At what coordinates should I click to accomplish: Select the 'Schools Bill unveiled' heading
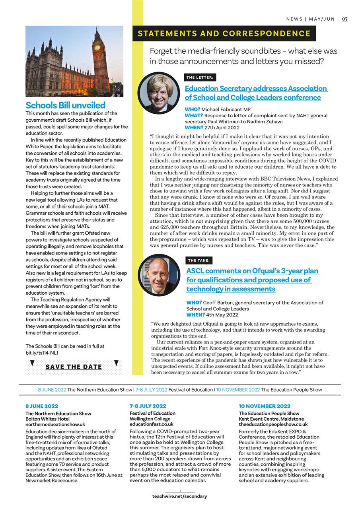point(65,105)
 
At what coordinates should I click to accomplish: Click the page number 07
point(345,19)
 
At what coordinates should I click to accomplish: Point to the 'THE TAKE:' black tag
point(199,260)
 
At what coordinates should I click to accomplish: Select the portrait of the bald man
point(159,275)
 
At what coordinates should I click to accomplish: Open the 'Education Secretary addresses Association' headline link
point(256,89)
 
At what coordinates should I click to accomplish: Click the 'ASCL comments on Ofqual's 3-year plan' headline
point(253,271)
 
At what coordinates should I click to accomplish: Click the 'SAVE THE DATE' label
point(74,367)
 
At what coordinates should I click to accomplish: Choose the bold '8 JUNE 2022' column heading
point(42,406)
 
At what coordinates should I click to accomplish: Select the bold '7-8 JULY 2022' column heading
point(148,406)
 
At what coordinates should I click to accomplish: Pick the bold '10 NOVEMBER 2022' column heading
point(265,406)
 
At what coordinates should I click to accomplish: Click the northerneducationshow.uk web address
point(55,424)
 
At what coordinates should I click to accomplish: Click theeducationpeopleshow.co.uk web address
point(273,424)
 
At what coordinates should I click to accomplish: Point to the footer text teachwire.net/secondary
point(179,496)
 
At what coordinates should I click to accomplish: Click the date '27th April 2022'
point(222,128)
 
